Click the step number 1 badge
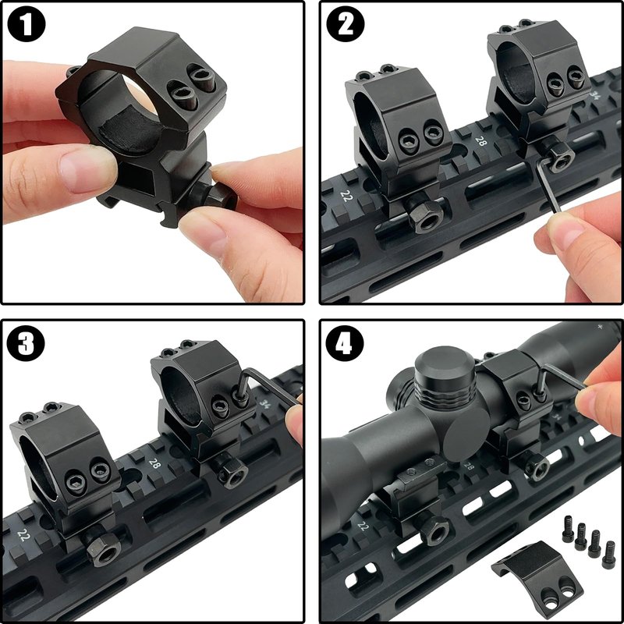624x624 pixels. [27, 24]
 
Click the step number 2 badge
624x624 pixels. [346, 24]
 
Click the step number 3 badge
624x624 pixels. [26, 343]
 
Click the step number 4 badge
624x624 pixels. [345, 343]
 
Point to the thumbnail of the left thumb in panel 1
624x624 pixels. [87, 168]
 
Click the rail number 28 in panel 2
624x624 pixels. [481, 141]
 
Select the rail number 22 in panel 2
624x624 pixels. [346, 196]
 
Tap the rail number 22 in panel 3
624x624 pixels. [23, 535]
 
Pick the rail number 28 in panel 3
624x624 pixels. [154, 463]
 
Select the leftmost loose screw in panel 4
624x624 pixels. [569, 529]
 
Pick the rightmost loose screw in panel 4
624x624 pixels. [608, 555]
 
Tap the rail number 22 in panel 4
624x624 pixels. [363, 526]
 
